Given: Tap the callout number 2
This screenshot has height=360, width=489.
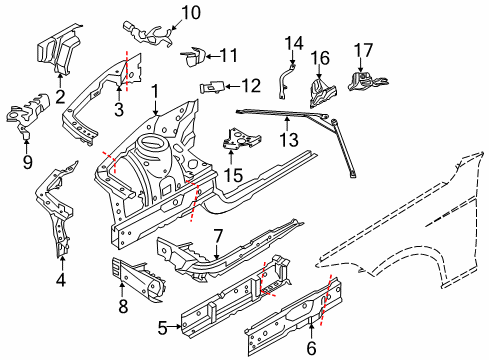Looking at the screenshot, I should (60, 96).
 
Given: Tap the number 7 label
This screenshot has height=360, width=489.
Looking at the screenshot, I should (215, 236).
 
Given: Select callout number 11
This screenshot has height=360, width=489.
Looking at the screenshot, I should (229, 55).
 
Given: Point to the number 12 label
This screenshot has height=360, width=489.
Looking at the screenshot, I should (251, 85).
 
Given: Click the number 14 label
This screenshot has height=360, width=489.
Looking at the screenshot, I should (292, 42).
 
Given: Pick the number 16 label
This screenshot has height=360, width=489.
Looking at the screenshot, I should (320, 56).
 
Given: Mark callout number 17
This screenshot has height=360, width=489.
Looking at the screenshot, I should (365, 48).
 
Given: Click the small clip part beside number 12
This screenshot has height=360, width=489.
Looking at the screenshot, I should (213, 86).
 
